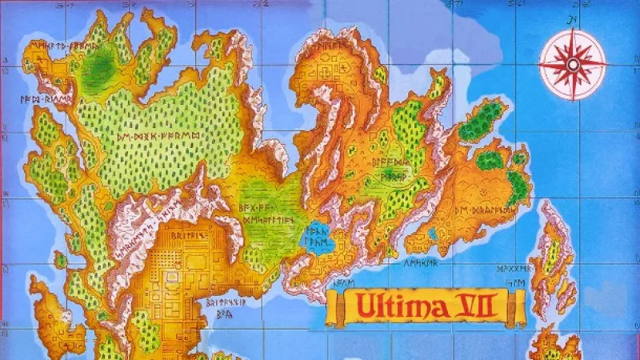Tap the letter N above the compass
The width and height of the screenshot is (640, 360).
[572, 20]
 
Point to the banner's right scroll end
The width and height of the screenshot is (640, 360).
[521, 306]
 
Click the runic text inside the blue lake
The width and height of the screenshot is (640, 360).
[322, 234]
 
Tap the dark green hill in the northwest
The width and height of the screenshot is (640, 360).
[99, 61]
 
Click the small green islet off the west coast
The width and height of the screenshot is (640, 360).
[61, 260]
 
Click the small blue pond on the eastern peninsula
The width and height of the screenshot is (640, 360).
[432, 234]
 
